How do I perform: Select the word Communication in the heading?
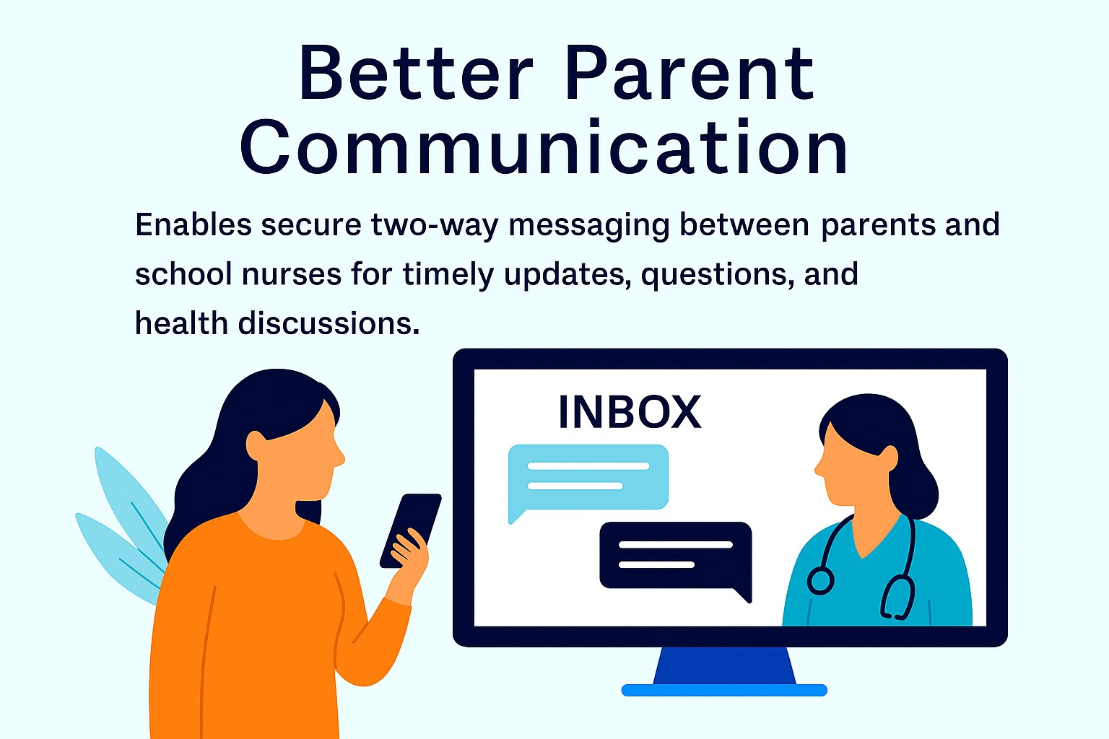pyautogui.click(x=544, y=147)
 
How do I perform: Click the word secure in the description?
pyautogui.click(x=311, y=225)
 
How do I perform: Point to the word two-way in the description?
pyautogui.click(x=435, y=226)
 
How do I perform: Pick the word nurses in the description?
pyautogui.click(x=292, y=275)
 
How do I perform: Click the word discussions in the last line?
pyautogui.click(x=329, y=324)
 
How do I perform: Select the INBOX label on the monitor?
pyautogui.click(x=630, y=412)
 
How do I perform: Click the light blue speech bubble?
pyautogui.click(x=588, y=479)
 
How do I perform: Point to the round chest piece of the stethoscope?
pyautogui.click(x=820, y=581)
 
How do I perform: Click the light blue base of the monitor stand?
pyautogui.click(x=724, y=690)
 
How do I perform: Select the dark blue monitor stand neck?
pyautogui.click(x=724, y=665)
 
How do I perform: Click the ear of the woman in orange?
pyautogui.click(x=257, y=446)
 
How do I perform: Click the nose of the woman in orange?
pyautogui.click(x=339, y=455)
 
